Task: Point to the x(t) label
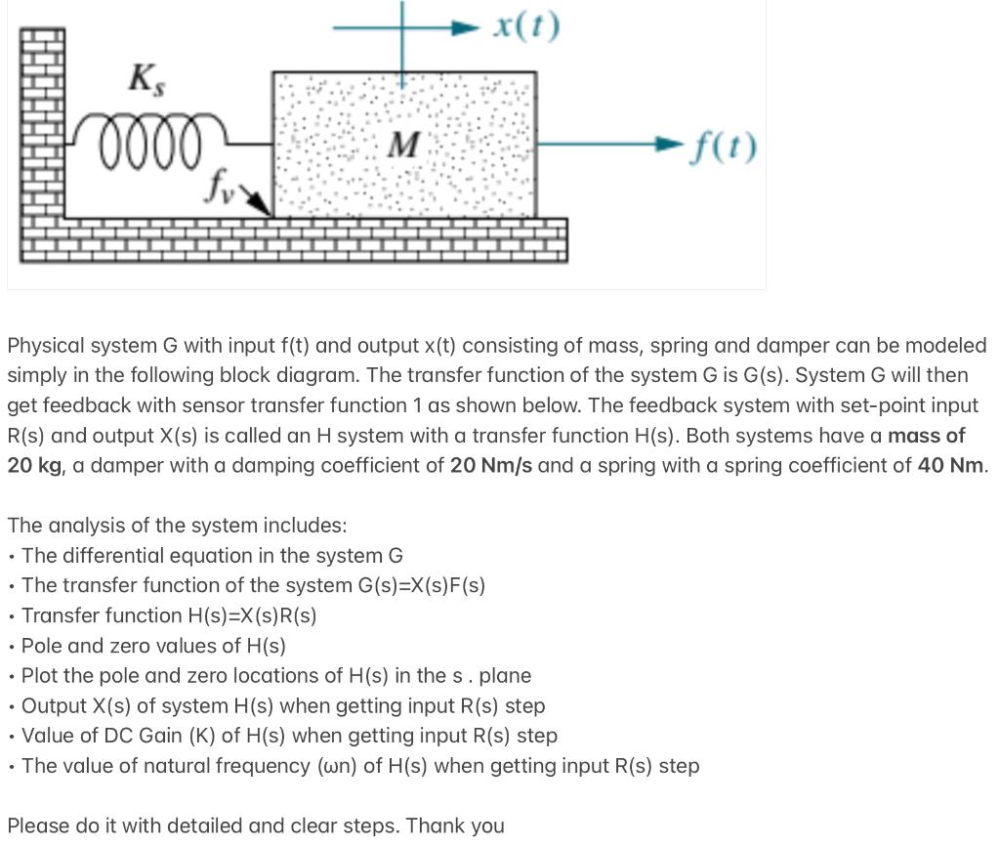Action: coord(526,25)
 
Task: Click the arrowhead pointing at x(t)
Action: coord(467,26)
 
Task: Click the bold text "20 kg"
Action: coord(35,465)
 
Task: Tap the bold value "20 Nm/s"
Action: coord(491,465)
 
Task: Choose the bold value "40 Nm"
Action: coord(950,465)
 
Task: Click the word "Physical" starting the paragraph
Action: coord(46,346)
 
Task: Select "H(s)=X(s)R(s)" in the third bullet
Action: coord(251,615)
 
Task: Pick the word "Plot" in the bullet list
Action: coord(40,676)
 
